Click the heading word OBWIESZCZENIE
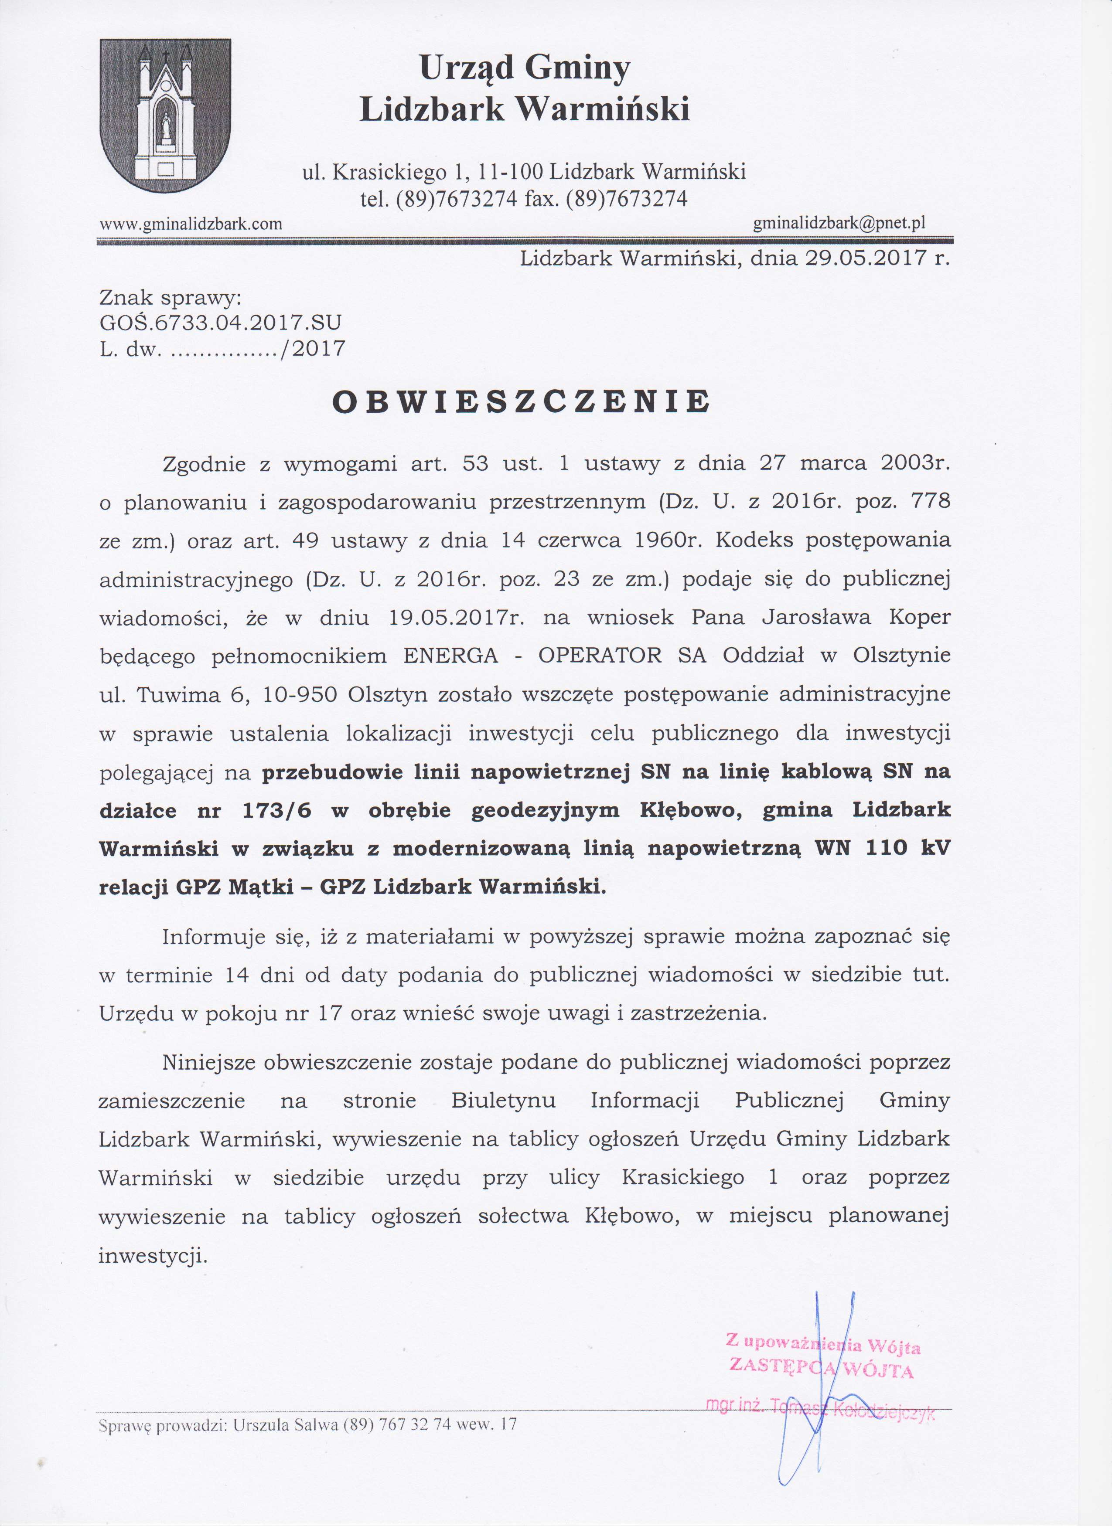coord(522,402)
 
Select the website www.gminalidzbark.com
coord(191,224)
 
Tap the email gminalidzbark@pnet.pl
coord(839,223)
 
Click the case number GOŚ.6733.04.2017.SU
coord(220,323)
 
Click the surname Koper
coord(920,618)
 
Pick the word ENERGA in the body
coord(450,656)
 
